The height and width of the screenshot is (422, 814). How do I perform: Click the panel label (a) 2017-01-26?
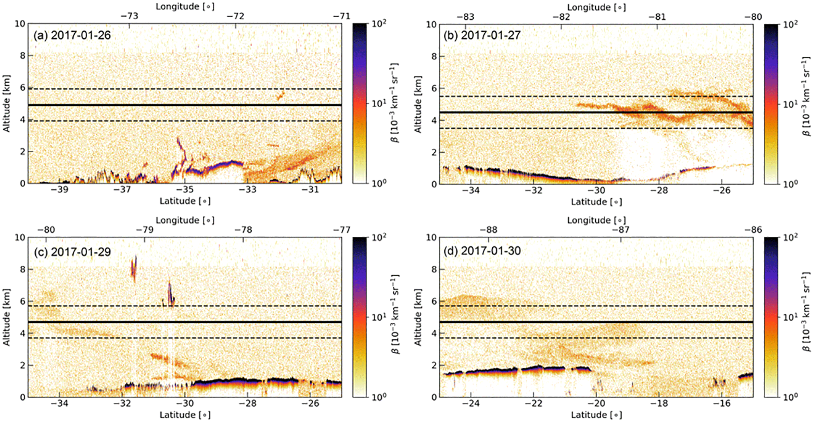(x=72, y=35)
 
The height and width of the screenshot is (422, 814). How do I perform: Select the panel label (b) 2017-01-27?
(x=482, y=35)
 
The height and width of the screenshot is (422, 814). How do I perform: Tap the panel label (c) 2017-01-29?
(x=72, y=252)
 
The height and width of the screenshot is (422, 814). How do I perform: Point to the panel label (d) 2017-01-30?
(x=482, y=251)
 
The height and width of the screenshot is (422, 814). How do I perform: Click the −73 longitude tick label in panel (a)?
(x=129, y=16)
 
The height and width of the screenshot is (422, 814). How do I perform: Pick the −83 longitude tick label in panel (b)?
(x=465, y=17)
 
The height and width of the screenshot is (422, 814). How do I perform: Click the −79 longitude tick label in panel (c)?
(x=144, y=230)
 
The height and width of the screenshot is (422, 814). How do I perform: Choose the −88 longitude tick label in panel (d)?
(x=489, y=230)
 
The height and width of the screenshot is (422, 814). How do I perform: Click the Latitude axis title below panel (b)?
(x=596, y=202)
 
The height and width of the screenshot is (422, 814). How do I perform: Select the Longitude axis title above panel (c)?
(x=185, y=220)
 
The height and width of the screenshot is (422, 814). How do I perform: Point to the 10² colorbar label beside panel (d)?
(x=790, y=237)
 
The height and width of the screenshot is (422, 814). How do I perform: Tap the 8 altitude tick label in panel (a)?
(x=23, y=56)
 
